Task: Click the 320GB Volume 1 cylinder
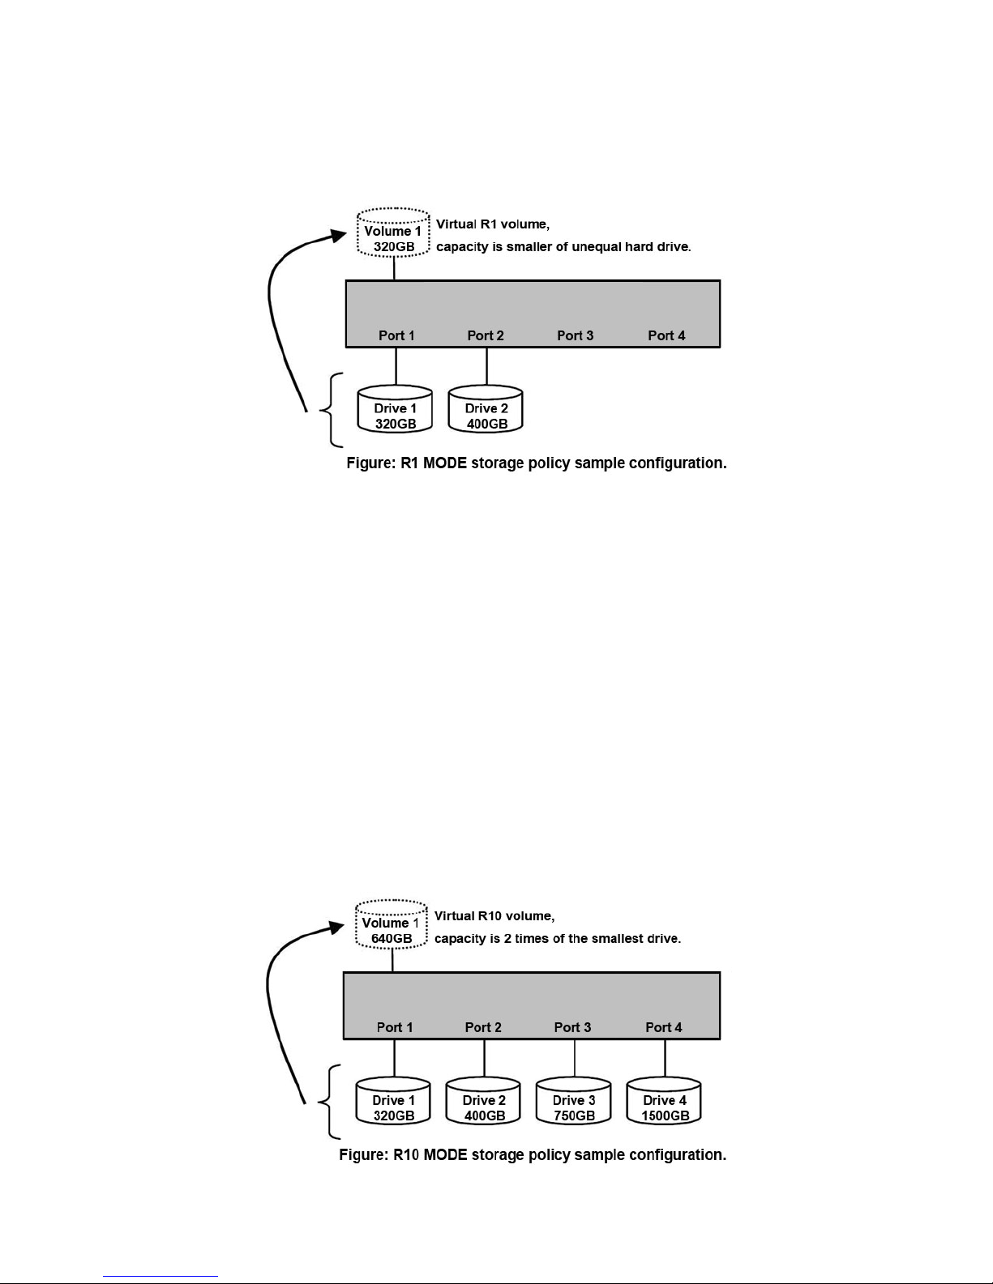(393, 232)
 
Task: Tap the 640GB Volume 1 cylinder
(392, 924)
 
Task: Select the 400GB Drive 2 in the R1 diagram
(486, 409)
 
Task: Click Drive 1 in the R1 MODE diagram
(395, 409)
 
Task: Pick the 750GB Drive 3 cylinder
(573, 1101)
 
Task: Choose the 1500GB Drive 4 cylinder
(664, 1101)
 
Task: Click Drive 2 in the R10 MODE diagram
(483, 1101)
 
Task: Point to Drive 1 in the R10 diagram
(393, 1101)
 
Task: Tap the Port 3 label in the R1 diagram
(575, 335)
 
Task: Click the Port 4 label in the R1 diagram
(666, 335)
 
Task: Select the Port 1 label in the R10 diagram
(394, 1027)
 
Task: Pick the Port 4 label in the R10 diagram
(663, 1027)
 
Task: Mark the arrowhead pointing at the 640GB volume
(337, 928)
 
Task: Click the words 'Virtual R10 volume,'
(494, 916)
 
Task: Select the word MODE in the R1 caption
(444, 463)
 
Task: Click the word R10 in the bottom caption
(406, 1155)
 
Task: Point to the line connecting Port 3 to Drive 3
(575, 1058)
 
